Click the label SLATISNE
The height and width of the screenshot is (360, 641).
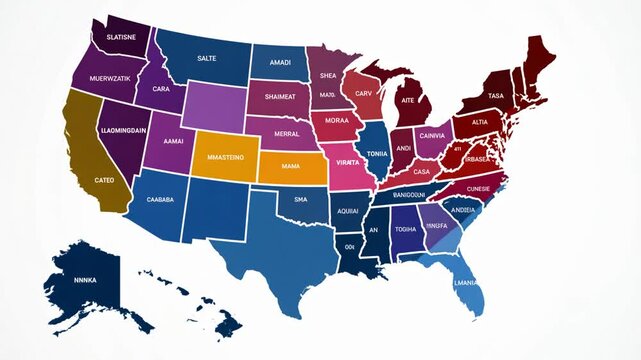[x=114, y=37]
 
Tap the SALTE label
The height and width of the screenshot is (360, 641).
[x=206, y=59]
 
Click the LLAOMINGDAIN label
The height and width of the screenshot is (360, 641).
[x=124, y=130]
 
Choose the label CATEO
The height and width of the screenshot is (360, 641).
[x=104, y=180]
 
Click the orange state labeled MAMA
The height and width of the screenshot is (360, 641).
[x=291, y=166]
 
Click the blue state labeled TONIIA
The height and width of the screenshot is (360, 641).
[x=376, y=154]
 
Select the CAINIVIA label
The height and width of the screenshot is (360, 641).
[x=432, y=135]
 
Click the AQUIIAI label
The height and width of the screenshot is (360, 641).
[x=347, y=212]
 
